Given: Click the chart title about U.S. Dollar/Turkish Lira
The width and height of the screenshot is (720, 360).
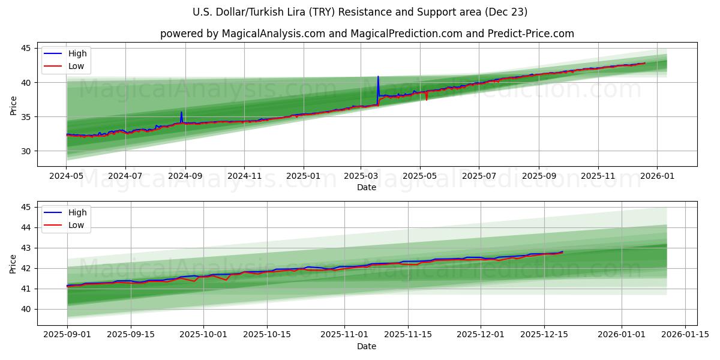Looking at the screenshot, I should (360, 12).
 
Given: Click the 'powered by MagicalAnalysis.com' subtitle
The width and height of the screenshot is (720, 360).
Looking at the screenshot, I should (367, 34).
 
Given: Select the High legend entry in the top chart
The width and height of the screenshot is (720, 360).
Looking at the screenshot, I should (77, 53).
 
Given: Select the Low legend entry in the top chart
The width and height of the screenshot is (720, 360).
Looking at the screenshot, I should (76, 66).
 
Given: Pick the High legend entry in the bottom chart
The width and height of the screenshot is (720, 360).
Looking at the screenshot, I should (77, 212).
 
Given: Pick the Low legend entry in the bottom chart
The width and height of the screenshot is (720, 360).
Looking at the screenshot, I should (76, 225).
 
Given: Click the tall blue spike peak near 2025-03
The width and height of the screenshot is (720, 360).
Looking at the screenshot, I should (378, 77).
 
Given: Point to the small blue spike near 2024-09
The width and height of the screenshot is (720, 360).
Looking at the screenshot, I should (181, 112).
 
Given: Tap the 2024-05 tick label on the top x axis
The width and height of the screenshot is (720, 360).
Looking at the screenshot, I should (66, 176).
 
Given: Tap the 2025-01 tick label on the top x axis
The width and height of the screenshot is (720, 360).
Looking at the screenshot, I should (303, 176).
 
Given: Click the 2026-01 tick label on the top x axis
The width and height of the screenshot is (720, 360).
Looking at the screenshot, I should (657, 176).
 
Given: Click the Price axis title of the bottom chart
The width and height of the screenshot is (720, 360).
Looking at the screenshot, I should (13, 263).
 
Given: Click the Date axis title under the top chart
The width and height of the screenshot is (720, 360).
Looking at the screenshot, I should (367, 187).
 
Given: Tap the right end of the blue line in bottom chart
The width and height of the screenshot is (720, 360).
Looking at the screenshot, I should (562, 251).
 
